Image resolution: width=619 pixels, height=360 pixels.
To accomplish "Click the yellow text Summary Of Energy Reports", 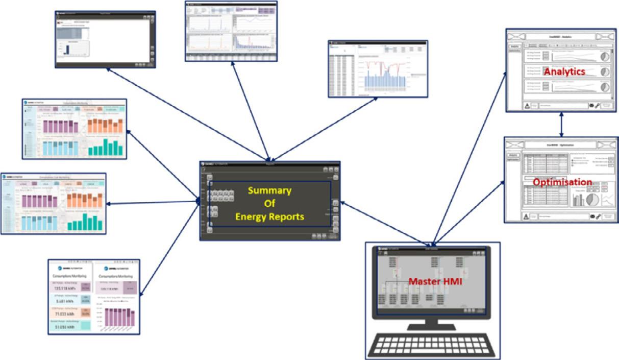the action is tap(269, 204).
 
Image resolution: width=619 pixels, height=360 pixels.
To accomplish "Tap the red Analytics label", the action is tap(564, 72).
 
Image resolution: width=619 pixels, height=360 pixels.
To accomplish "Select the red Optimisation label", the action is tap(562, 182).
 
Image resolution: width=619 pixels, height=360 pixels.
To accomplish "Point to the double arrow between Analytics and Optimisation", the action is tap(562, 124).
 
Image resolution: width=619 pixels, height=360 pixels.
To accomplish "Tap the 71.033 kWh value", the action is tap(64, 315).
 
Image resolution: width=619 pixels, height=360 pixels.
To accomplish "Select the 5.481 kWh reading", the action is tap(64, 302).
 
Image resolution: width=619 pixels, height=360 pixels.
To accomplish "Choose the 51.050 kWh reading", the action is tap(64, 328).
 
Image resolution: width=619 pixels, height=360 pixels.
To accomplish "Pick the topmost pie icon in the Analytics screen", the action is tap(605, 55).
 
